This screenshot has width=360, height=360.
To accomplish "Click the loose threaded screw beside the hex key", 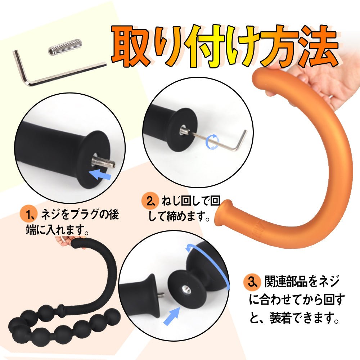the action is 65,47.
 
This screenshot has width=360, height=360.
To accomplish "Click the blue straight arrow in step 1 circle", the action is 100,174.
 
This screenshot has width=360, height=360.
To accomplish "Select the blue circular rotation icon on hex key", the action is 212,142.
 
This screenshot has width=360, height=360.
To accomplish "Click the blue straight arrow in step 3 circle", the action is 171,315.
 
